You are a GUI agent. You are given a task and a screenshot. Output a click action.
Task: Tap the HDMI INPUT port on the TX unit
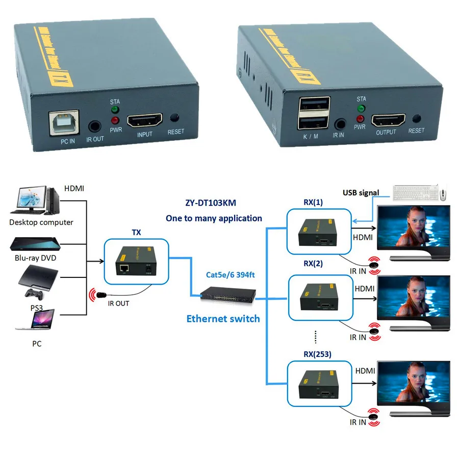pyautogui.click(x=144, y=121)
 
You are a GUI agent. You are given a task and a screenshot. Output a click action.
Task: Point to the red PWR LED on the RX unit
pyautogui.click(x=361, y=118)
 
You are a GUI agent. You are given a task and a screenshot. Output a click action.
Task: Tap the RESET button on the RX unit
pyautogui.click(x=416, y=119)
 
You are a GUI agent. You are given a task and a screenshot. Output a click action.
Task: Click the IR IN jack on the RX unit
pyautogui.click(x=339, y=123)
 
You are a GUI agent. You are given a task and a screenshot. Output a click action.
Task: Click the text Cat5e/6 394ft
pyautogui.click(x=230, y=275)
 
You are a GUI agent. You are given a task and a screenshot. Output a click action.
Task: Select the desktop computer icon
pyautogui.click(x=36, y=200)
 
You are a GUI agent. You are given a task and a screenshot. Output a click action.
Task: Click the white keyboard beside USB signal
pyautogui.click(x=414, y=192)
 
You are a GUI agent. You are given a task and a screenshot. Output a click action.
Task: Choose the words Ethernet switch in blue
pyautogui.click(x=223, y=319)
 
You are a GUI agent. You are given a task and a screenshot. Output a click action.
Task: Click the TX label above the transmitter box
pyautogui.click(x=136, y=233)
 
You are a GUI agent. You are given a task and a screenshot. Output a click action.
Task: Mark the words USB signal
pyautogui.click(x=361, y=192)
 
